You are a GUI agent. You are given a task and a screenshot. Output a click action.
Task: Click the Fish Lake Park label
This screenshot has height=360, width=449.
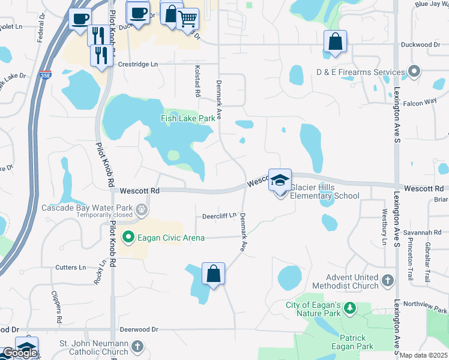(x=187, y=118)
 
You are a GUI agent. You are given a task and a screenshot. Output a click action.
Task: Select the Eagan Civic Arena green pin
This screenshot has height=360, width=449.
(x=128, y=238)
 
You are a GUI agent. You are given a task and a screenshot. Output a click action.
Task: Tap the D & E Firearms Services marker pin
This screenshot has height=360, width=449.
(x=414, y=72)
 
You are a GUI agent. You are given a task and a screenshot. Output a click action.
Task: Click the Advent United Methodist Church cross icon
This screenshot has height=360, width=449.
(x=388, y=280)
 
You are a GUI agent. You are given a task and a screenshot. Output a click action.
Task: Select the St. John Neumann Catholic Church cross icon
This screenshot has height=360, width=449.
(x=137, y=346)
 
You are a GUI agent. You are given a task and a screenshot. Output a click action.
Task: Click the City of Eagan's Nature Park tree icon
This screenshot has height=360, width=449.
(x=349, y=309)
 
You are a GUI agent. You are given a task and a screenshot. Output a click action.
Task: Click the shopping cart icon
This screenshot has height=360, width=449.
(x=188, y=19)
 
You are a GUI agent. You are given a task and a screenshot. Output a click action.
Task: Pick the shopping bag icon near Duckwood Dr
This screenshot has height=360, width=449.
(x=335, y=42)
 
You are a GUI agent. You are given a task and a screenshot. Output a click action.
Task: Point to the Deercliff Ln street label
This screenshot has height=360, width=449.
(x=219, y=215)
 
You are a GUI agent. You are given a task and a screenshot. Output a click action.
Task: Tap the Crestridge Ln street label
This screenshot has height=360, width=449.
(x=138, y=64)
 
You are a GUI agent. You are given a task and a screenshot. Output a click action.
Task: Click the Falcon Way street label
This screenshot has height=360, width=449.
(x=420, y=103)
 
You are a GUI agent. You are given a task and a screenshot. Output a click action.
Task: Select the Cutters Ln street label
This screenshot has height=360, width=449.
(x=71, y=267)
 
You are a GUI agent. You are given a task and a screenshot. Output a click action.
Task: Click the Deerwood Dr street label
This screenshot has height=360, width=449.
(x=139, y=329)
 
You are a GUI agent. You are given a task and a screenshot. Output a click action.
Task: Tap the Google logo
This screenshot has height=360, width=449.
(x=20, y=353)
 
